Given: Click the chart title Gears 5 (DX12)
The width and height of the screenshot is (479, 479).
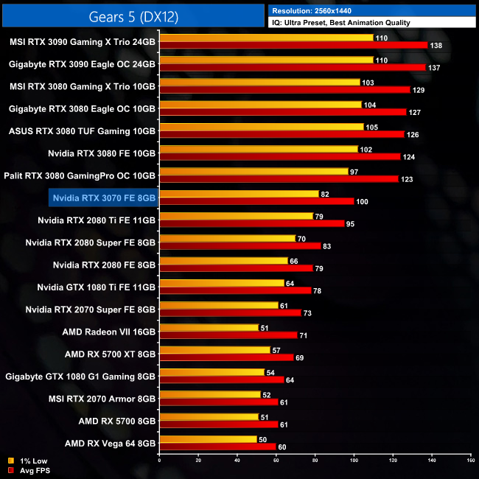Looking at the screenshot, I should point(133,15).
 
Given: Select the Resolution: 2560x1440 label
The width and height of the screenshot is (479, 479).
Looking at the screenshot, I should point(317,11).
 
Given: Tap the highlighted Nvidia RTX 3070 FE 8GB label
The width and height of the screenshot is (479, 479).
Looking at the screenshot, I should point(104,197).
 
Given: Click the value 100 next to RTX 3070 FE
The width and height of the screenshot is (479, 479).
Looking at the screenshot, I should point(362,202).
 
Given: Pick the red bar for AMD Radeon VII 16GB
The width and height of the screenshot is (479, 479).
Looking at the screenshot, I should point(228,335).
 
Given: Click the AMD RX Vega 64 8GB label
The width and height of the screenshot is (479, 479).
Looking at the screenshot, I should point(110,444).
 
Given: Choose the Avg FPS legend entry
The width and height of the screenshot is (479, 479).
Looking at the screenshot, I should point(32,469).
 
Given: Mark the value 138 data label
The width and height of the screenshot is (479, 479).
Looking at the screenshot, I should point(437,46).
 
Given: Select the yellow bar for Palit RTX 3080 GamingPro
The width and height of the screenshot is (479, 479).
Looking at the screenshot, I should point(254,171).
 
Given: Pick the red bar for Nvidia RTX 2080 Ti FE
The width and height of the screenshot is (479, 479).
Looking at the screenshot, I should point(251,223).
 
